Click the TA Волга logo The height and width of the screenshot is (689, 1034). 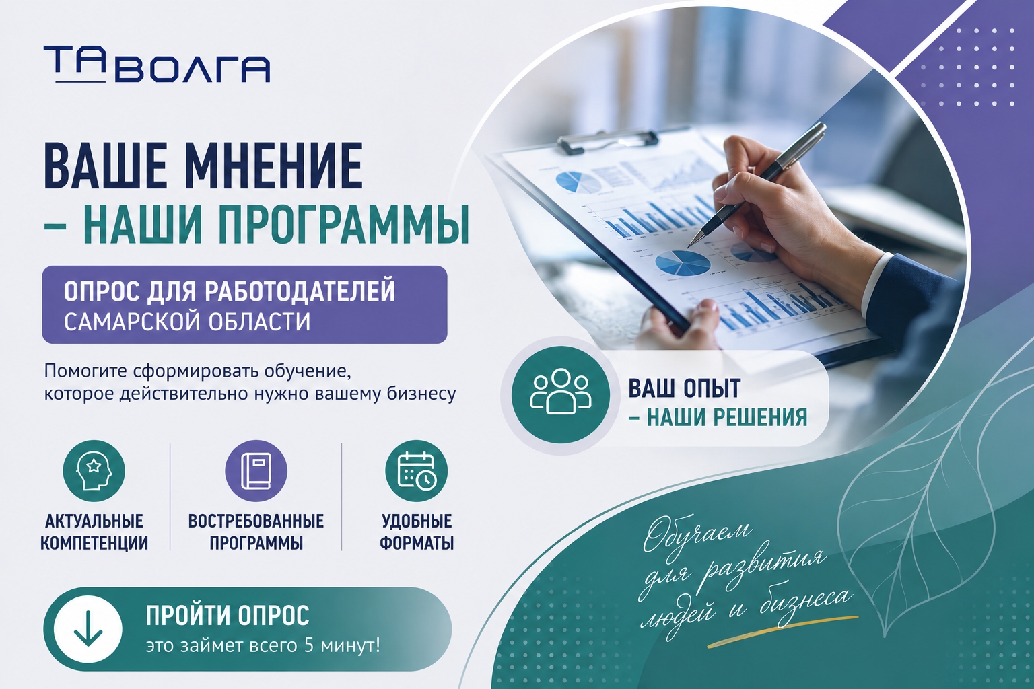point(157,65)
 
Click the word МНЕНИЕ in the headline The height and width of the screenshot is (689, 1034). point(276,166)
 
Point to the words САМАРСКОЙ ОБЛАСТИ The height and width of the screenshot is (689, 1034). point(187,322)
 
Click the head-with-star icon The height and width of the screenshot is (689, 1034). point(94,471)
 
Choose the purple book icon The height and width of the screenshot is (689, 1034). point(256,471)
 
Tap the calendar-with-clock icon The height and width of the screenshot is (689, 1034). point(417,471)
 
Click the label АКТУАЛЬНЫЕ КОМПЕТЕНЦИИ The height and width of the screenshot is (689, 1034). point(94,532)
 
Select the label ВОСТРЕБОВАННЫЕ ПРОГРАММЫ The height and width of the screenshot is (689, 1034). point(256,532)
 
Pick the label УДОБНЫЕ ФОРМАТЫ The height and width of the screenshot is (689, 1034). point(417,532)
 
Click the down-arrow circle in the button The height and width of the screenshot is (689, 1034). point(88,629)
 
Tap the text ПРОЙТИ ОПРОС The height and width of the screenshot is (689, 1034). point(228,616)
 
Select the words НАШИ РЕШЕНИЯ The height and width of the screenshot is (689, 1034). point(727,417)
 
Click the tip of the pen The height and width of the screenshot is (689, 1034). point(688,247)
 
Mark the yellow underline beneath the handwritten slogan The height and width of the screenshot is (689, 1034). point(783,630)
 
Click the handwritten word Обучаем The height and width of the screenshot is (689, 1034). point(696,536)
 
